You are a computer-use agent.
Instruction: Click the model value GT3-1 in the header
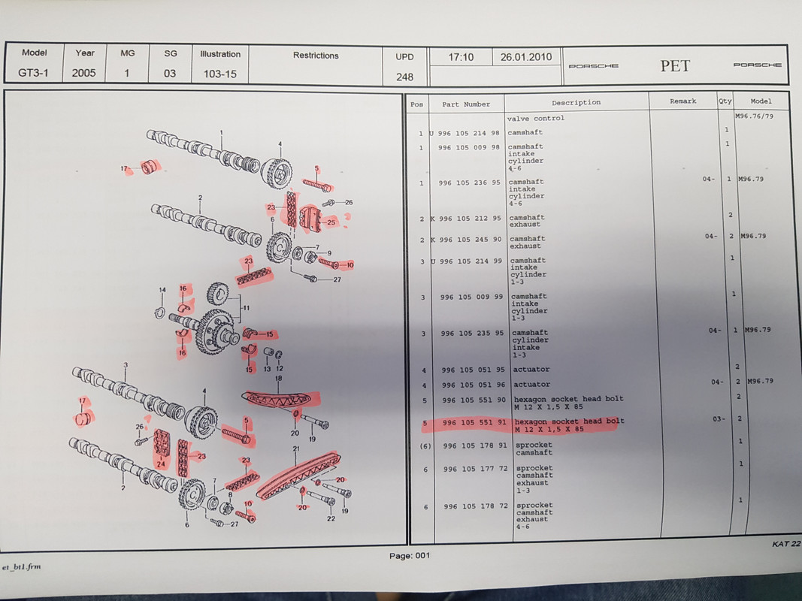pyautogui.click(x=33, y=73)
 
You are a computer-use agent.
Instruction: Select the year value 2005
pyautogui.click(x=84, y=73)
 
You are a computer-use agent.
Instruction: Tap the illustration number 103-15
pyautogui.click(x=220, y=74)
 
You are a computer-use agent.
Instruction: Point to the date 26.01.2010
pyautogui.click(x=526, y=57)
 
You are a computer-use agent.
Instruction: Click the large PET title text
pyautogui.click(x=675, y=66)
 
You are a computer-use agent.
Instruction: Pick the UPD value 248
pyautogui.click(x=404, y=77)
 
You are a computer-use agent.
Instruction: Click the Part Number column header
pyautogui.click(x=466, y=104)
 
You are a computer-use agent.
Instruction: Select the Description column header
pyautogui.click(x=576, y=102)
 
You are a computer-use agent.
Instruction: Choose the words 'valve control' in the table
pyautogui.click(x=535, y=118)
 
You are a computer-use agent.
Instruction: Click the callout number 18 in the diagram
pyautogui.click(x=278, y=379)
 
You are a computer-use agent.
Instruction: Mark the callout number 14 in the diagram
pyautogui.click(x=162, y=290)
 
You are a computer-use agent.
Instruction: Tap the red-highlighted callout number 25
pyautogui.click(x=331, y=222)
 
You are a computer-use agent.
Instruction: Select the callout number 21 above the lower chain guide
pyautogui.click(x=296, y=448)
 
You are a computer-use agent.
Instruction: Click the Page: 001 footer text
pyautogui.click(x=410, y=555)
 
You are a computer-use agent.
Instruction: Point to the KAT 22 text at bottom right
pyautogui.click(x=786, y=544)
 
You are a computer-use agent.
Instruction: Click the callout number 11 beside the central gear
pyautogui.click(x=246, y=308)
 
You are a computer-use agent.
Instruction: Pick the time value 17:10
pyautogui.click(x=461, y=57)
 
